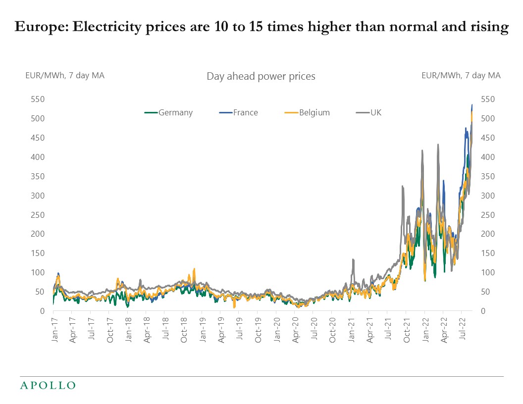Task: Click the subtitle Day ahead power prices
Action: [x=261, y=76]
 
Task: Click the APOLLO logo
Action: [x=48, y=385]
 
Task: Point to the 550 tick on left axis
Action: [x=38, y=100]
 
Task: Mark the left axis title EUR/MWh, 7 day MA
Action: [x=65, y=75]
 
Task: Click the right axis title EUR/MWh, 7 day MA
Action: [x=461, y=75]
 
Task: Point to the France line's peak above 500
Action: [x=472, y=105]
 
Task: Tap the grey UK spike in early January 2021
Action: [x=353, y=260]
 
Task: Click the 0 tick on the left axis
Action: [x=43, y=311]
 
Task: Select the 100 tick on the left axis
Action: [x=38, y=272]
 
